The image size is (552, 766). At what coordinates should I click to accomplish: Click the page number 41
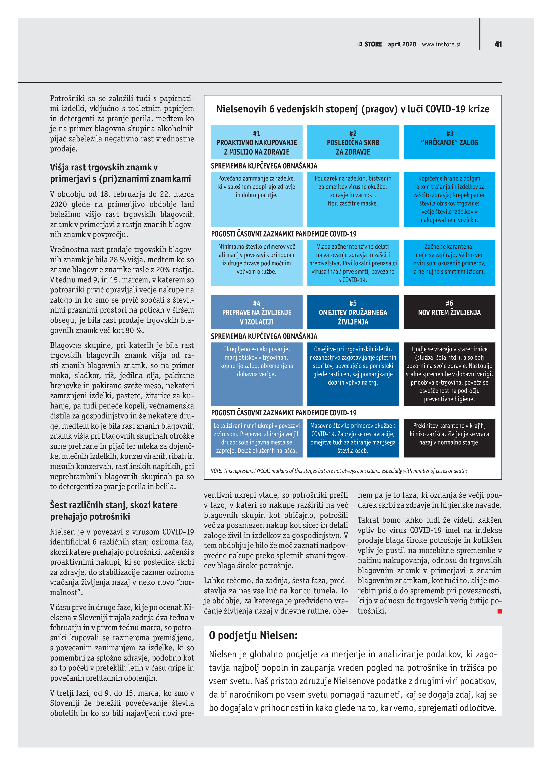click(498, 44)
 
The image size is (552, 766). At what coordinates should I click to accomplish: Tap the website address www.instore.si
click(441, 44)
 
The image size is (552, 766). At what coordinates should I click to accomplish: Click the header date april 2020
click(402, 44)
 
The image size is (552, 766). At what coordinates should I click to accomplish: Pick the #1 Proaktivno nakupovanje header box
click(257, 142)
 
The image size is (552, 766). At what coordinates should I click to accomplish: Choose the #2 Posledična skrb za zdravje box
click(353, 142)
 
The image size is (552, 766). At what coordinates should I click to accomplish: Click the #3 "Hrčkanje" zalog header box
click(449, 142)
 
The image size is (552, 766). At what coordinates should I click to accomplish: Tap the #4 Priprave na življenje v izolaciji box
click(257, 312)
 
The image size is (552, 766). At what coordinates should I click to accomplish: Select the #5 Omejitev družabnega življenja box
click(353, 312)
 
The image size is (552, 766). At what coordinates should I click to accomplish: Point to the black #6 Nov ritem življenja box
click(449, 312)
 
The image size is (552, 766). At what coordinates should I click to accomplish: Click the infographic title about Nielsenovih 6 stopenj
click(353, 109)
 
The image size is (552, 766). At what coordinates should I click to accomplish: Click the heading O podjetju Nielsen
click(253, 635)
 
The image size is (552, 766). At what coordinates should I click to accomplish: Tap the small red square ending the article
click(500, 611)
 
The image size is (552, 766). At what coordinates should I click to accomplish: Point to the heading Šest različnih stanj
click(114, 510)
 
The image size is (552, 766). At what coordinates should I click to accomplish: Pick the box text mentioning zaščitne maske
click(353, 191)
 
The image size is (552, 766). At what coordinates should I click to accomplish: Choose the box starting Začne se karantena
click(449, 259)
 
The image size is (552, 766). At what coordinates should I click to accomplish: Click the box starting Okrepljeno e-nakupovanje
click(257, 362)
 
